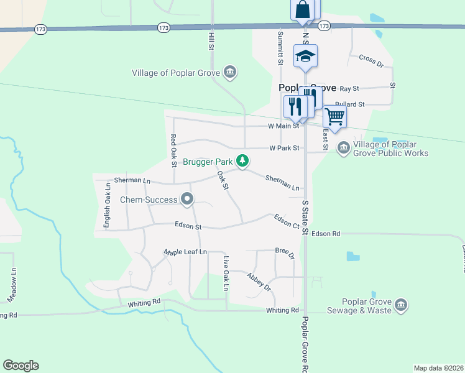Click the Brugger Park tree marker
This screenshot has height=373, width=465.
242,162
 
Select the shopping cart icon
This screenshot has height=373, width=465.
334,116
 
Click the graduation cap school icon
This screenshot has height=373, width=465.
305,57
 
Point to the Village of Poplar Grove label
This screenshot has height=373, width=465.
176,73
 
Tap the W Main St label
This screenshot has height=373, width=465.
283,126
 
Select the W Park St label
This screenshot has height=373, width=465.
285,148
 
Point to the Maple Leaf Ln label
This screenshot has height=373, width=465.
185,252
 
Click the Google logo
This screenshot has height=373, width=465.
21,366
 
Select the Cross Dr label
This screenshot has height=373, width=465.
371,60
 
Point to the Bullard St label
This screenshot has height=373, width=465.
349,104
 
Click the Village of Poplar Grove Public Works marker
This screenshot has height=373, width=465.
343,148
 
